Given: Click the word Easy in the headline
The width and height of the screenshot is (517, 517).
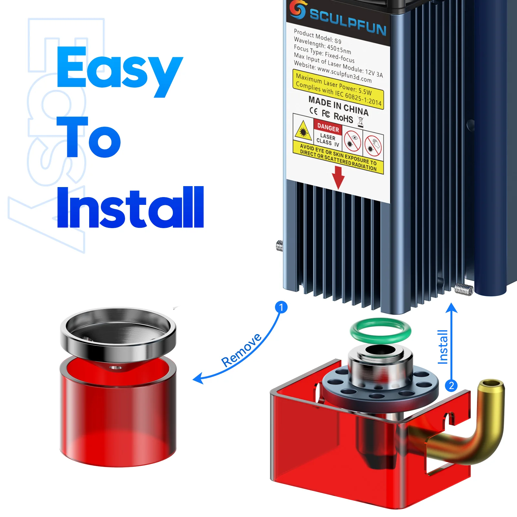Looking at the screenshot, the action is (x=120, y=71).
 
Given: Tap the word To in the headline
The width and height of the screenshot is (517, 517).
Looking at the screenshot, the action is (x=89, y=137).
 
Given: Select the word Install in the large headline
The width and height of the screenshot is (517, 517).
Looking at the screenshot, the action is (x=130, y=207).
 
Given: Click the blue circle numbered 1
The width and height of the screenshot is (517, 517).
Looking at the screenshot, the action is (x=281, y=307).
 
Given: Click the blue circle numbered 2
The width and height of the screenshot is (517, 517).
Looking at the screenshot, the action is (x=451, y=385).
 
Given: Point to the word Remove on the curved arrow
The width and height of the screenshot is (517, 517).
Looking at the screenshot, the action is (x=242, y=350).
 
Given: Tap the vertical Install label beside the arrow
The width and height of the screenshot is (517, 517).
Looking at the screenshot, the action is (x=443, y=347).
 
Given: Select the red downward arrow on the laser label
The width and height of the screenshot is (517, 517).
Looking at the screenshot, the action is (x=338, y=178).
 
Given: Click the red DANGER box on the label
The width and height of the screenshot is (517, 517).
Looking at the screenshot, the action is (x=328, y=127).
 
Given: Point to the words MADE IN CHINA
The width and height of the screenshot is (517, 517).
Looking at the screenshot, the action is (x=338, y=106).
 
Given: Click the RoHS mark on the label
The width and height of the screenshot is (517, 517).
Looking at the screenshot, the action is (x=343, y=117).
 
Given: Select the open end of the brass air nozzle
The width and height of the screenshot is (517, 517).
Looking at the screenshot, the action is (x=491, y=384).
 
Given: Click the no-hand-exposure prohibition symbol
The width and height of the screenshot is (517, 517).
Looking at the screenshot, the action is (x=373, y=144).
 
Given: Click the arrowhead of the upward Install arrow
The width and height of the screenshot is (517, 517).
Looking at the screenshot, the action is (x=451, y=308).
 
